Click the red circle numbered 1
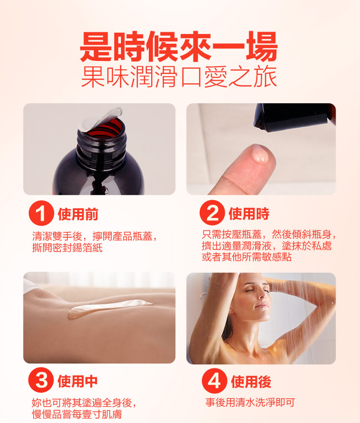point(41,213)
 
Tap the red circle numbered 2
point(212,213)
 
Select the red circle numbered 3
point(41,380)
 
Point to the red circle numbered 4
point(215,381)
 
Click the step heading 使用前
point(78,214)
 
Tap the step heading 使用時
point(249,214)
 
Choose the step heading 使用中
point(77,381)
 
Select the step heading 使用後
point(251,382)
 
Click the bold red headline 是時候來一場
point(179,47)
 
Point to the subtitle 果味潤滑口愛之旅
point(179,77)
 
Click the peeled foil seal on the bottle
point(100,118)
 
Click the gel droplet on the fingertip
point(259,156)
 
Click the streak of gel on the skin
point(109,308)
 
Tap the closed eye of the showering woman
point(250,291)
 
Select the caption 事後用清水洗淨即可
point(250,402)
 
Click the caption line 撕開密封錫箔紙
point(67,247)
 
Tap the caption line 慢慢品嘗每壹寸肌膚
point(77,414)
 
